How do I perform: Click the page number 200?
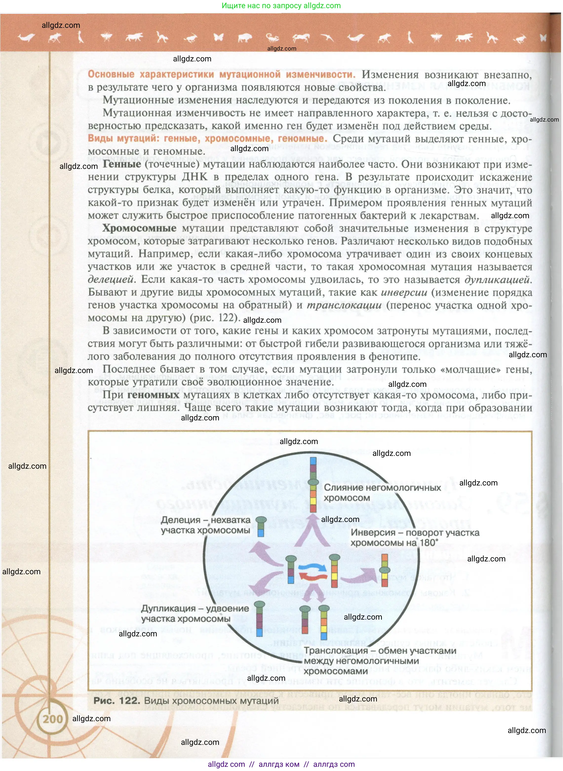click(x=53, y=719)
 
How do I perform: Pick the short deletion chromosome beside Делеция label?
click(x=261, y=527)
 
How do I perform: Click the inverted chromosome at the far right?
click(x=385, y=571)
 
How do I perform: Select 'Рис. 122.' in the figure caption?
click(x=116, y=700)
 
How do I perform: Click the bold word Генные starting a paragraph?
click(x=122, y=164)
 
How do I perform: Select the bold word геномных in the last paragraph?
click(x=153, y=395)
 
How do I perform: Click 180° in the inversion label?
click(x=429, y=543)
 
